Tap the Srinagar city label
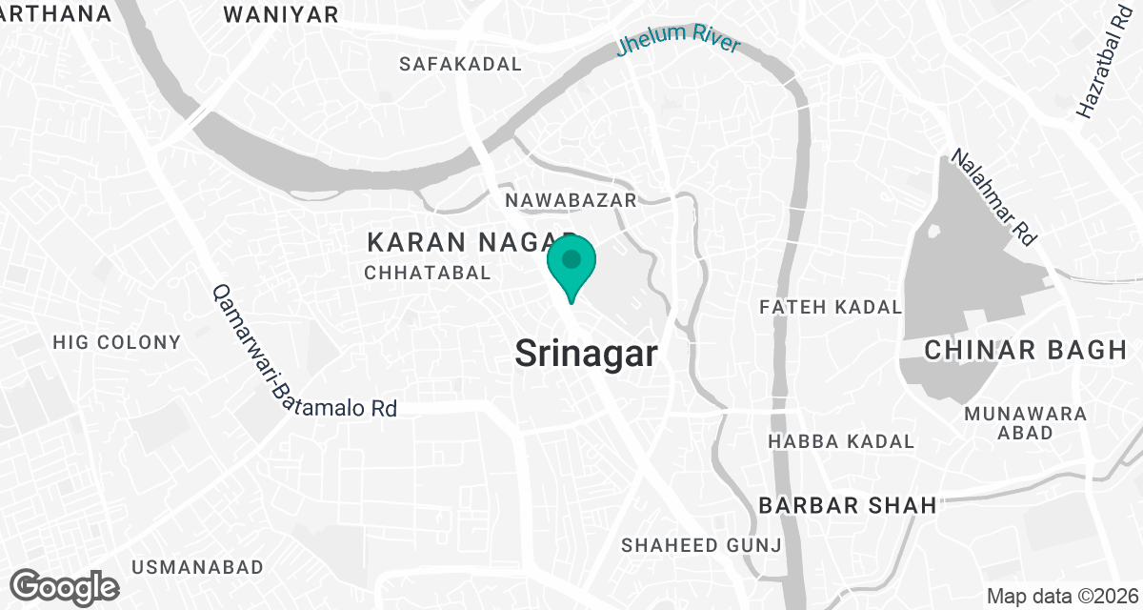[x=586, y=355]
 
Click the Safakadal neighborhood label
[x=461, y=65]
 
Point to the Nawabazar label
[x=571, y=200]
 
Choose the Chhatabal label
[x=428, y=273]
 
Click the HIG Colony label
[x=116, y=342]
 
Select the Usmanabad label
[x=197, y=567]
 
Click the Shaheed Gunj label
[x=702, y=545]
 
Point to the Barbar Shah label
[x=848, y=505]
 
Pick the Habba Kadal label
[x=841, y=441]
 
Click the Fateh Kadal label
[x=831, y=307]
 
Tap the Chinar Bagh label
[x=1026, y=351]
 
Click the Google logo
[x=65, y=585]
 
